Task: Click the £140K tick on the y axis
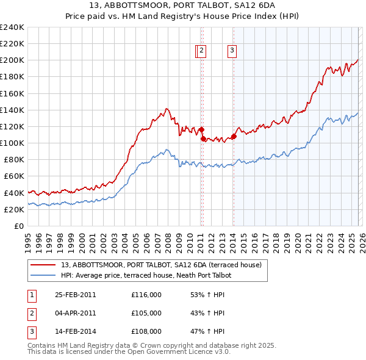(12, 110)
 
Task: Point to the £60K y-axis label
(13, 176)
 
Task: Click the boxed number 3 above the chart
(232, 51)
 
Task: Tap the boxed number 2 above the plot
(201, 51)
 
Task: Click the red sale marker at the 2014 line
(234, 137)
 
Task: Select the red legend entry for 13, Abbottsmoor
(161, 265)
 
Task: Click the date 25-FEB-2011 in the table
(75, 295)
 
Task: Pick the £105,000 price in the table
(146, 313)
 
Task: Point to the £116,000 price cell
(146, 295)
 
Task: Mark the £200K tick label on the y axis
(12, 60)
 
